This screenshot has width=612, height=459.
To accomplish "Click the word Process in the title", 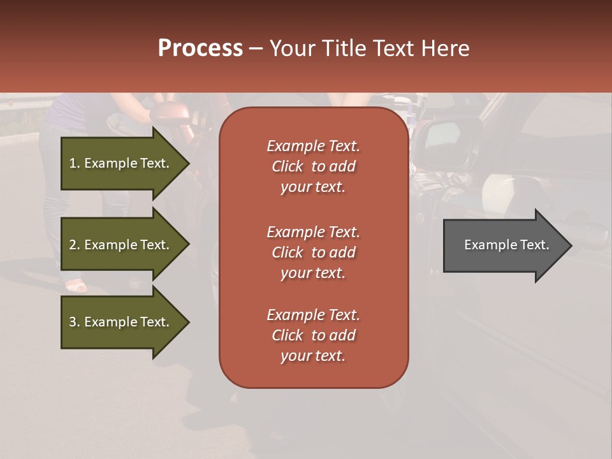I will click(200, 48).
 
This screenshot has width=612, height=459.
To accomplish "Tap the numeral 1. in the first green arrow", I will click(75, 163).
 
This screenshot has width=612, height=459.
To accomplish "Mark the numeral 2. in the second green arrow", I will click(75, 245).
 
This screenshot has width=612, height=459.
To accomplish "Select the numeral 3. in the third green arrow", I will click(75, 322).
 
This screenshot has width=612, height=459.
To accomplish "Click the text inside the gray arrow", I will click(507, 245).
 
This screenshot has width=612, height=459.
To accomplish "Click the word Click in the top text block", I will click(288, 166).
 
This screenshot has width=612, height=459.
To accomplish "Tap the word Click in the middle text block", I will click(288, 252).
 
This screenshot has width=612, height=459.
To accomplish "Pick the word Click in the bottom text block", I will click(288, 335).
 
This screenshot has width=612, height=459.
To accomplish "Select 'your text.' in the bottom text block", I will click(313, 356).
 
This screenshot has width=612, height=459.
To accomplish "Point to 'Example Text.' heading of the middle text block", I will click(313, 232).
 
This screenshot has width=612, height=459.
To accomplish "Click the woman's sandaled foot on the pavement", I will click(76, 286).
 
